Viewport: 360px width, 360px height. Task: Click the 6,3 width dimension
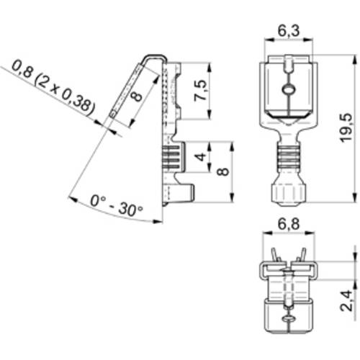click(287, 30)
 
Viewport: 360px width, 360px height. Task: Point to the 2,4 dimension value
click(348, 297)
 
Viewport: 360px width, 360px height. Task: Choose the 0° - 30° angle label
click(117, 208)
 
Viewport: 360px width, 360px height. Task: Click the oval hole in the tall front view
click(287, 89)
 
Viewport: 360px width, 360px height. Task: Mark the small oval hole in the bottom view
click(287, 316)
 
